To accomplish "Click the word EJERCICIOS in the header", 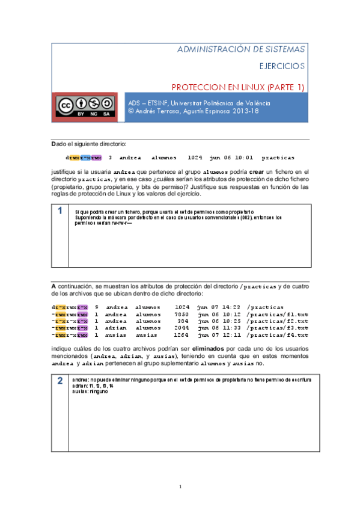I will click(282, 66).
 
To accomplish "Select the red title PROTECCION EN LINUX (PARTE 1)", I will click(239, 87).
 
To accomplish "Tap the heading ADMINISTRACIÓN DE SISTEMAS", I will click(241, 49).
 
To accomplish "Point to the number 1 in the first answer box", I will click(61, 211).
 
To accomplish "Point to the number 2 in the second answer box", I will click(61, 381).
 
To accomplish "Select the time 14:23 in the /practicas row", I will click(228, 307).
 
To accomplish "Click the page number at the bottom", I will click(180, 486).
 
